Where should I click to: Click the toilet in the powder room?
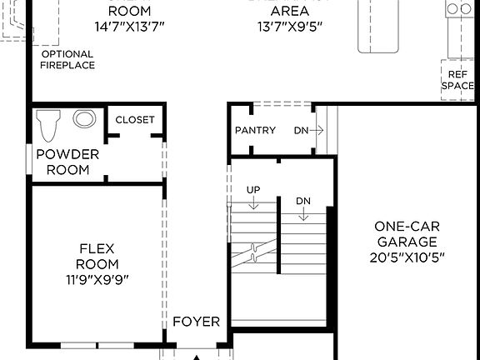point(49,125)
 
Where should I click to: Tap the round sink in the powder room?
point(84,119)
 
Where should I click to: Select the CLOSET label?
point(134,119)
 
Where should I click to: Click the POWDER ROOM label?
point(67,162)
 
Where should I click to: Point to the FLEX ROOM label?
point(97,256)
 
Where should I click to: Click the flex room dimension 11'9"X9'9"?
point(97,279)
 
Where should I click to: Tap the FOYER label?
point(196,322)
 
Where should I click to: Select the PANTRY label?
point(255,131)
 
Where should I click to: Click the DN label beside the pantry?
point(301,131)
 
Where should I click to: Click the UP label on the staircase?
point(253,190)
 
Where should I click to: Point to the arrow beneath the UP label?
point(253,206)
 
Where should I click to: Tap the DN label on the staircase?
point(303,201)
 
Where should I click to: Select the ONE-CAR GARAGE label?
point(407,233)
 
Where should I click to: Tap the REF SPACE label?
point(457,79)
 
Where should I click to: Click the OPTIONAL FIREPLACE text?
point(67,59)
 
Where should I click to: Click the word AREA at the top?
point(291,11)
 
